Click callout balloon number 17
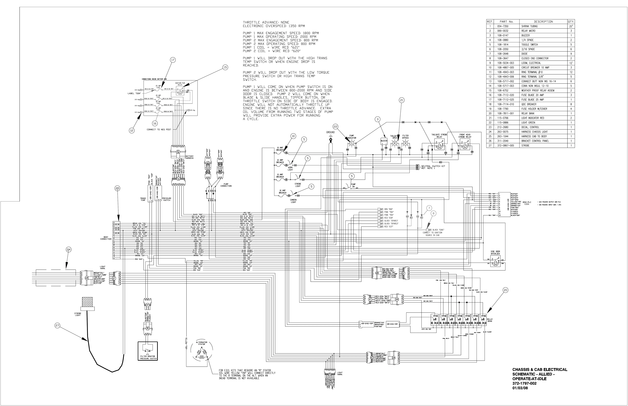[x=173, y=60]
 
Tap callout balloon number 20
[x=505, y=290]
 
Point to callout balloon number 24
[x=69, y=249]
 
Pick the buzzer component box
[x=384, y=141]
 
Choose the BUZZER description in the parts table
[x=525, y=35]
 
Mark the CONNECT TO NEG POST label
[x=159, y=129]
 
